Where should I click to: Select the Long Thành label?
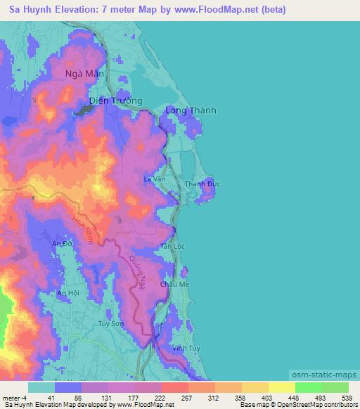coord(191,110)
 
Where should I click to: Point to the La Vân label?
coord(154,179)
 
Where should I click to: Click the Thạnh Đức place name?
coord(202,184)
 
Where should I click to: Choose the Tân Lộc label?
coord(173,247)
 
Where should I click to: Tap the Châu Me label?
coord(175,284)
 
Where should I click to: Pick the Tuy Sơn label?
coord(111,324)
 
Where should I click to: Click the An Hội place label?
coord(68,292)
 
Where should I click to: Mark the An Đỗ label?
coord(63,243)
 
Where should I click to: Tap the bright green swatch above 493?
coord(309,387)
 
